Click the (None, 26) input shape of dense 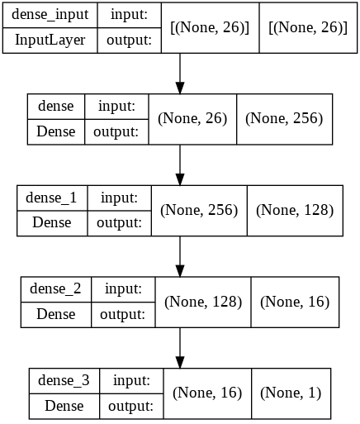point(192,119)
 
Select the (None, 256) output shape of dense point(283,119)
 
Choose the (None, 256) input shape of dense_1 point(199,210)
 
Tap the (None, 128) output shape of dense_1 point(295,210)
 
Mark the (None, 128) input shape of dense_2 point(203,301)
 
